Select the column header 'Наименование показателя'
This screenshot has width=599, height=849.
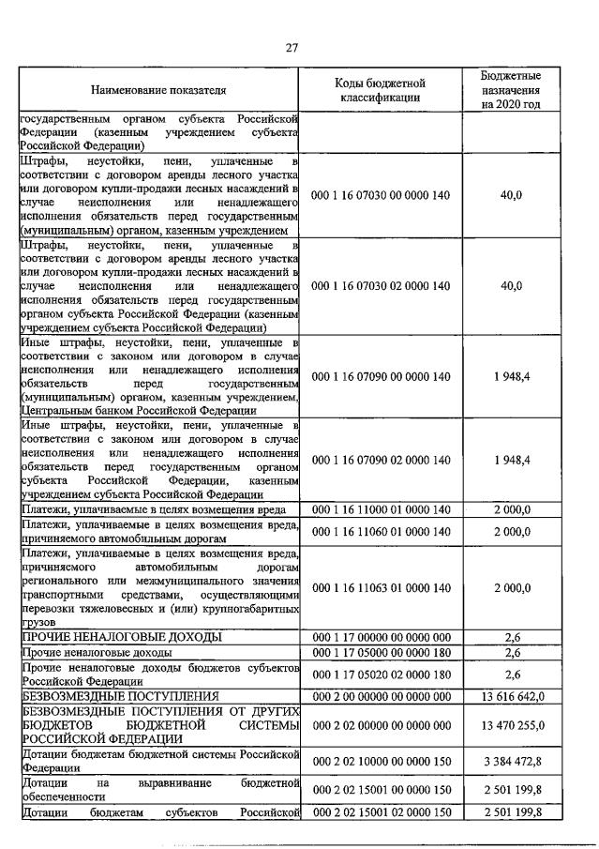pos(158,91)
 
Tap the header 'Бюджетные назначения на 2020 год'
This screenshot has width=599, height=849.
pos(511,90)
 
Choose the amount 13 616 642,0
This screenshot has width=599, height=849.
pos(512,696)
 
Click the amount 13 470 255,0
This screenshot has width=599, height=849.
pos(512,725)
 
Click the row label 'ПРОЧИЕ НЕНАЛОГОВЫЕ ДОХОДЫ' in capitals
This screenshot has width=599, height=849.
pos(122,637)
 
